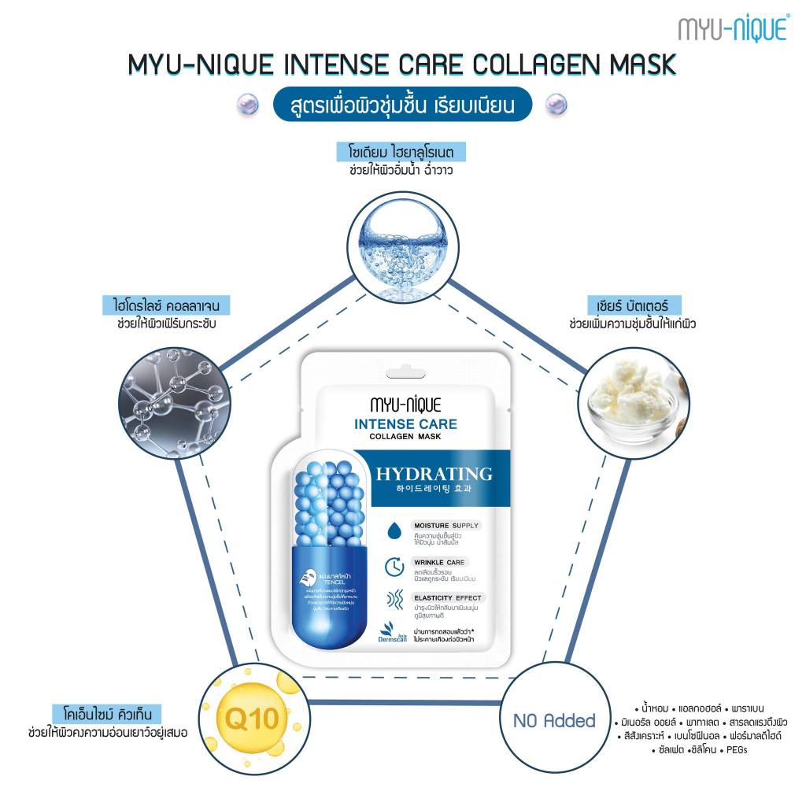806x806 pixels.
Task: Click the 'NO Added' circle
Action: [x=554, y=719]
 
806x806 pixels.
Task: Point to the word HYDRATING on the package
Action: [x=434, y=474]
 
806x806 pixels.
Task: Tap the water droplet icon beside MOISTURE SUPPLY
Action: [x=394, y=531]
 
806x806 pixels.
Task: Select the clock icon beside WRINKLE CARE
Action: [x=394, y=567]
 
